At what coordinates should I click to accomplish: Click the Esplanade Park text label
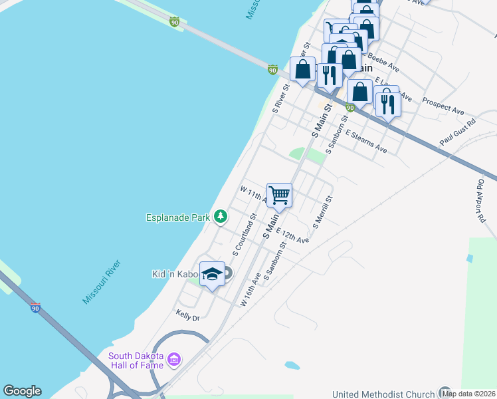[177, 217]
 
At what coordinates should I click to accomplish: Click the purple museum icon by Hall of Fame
[175, 360]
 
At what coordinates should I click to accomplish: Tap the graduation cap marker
[212, 275]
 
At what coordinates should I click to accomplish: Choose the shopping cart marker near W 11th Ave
[280, 196]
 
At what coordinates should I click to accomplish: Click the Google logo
[22, 391]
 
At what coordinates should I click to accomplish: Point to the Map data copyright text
[469, 394]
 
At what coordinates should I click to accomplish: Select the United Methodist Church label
[384, 394]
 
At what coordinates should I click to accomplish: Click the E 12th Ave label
[292, 235]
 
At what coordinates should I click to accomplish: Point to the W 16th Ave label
[251, 293]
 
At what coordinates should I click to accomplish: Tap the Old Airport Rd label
[481, 199]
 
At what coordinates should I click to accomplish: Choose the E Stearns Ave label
[365, 141]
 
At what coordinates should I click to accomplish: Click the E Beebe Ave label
[381, 65]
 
